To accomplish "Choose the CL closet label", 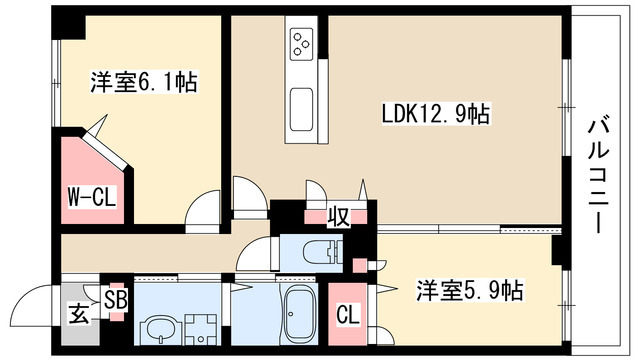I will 349,313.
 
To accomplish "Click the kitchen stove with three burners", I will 302,42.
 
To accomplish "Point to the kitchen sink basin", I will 301,104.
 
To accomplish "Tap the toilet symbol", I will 322,252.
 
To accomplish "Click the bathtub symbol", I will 299,315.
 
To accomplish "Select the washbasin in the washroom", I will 158,328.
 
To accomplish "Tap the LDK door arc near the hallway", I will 245,193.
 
